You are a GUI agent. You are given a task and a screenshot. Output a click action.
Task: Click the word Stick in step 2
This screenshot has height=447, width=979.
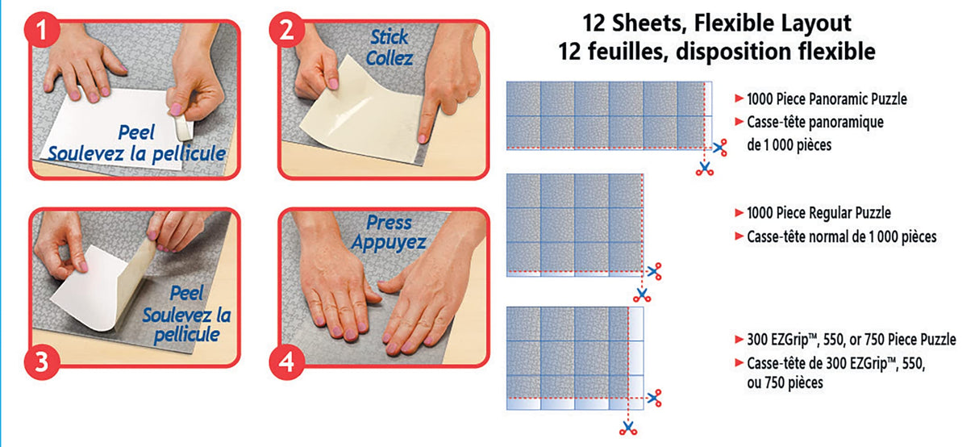click(x=390, y=37)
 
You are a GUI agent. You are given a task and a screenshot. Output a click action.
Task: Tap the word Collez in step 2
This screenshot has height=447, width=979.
click(x=390, y=58)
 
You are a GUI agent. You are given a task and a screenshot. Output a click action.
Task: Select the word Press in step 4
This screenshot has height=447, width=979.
click(x=389, y=223)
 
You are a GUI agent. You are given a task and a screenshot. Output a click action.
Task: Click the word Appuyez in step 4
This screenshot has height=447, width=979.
click(x=389, y=243)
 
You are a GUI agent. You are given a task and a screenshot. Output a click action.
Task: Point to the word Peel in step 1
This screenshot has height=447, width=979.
click(x=135, y=132)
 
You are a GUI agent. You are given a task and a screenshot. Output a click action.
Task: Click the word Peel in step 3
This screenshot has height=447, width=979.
click(x=187, y=294)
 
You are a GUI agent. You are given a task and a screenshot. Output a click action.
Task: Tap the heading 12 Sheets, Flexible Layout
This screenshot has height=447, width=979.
click(x=716, y=23)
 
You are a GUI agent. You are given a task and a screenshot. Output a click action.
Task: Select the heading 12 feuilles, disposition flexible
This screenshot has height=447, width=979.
click(x=716, y=52)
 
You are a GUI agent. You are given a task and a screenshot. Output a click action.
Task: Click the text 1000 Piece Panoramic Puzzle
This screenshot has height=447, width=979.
click(x=827, y=99)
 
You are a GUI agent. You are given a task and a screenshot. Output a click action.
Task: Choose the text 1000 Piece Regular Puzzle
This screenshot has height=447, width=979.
click(x=819, y=214)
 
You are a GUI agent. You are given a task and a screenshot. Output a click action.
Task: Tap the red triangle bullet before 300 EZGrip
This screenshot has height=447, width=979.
click(x=739, y=340)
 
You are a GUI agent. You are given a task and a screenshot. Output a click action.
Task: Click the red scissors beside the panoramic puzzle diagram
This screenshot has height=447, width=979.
click(x=719, y=147)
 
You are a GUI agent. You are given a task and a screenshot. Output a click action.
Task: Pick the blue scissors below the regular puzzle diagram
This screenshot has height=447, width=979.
click(x=642, y=293)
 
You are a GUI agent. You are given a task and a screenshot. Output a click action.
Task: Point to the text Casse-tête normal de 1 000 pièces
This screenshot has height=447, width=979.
click(x=841, y=236)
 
